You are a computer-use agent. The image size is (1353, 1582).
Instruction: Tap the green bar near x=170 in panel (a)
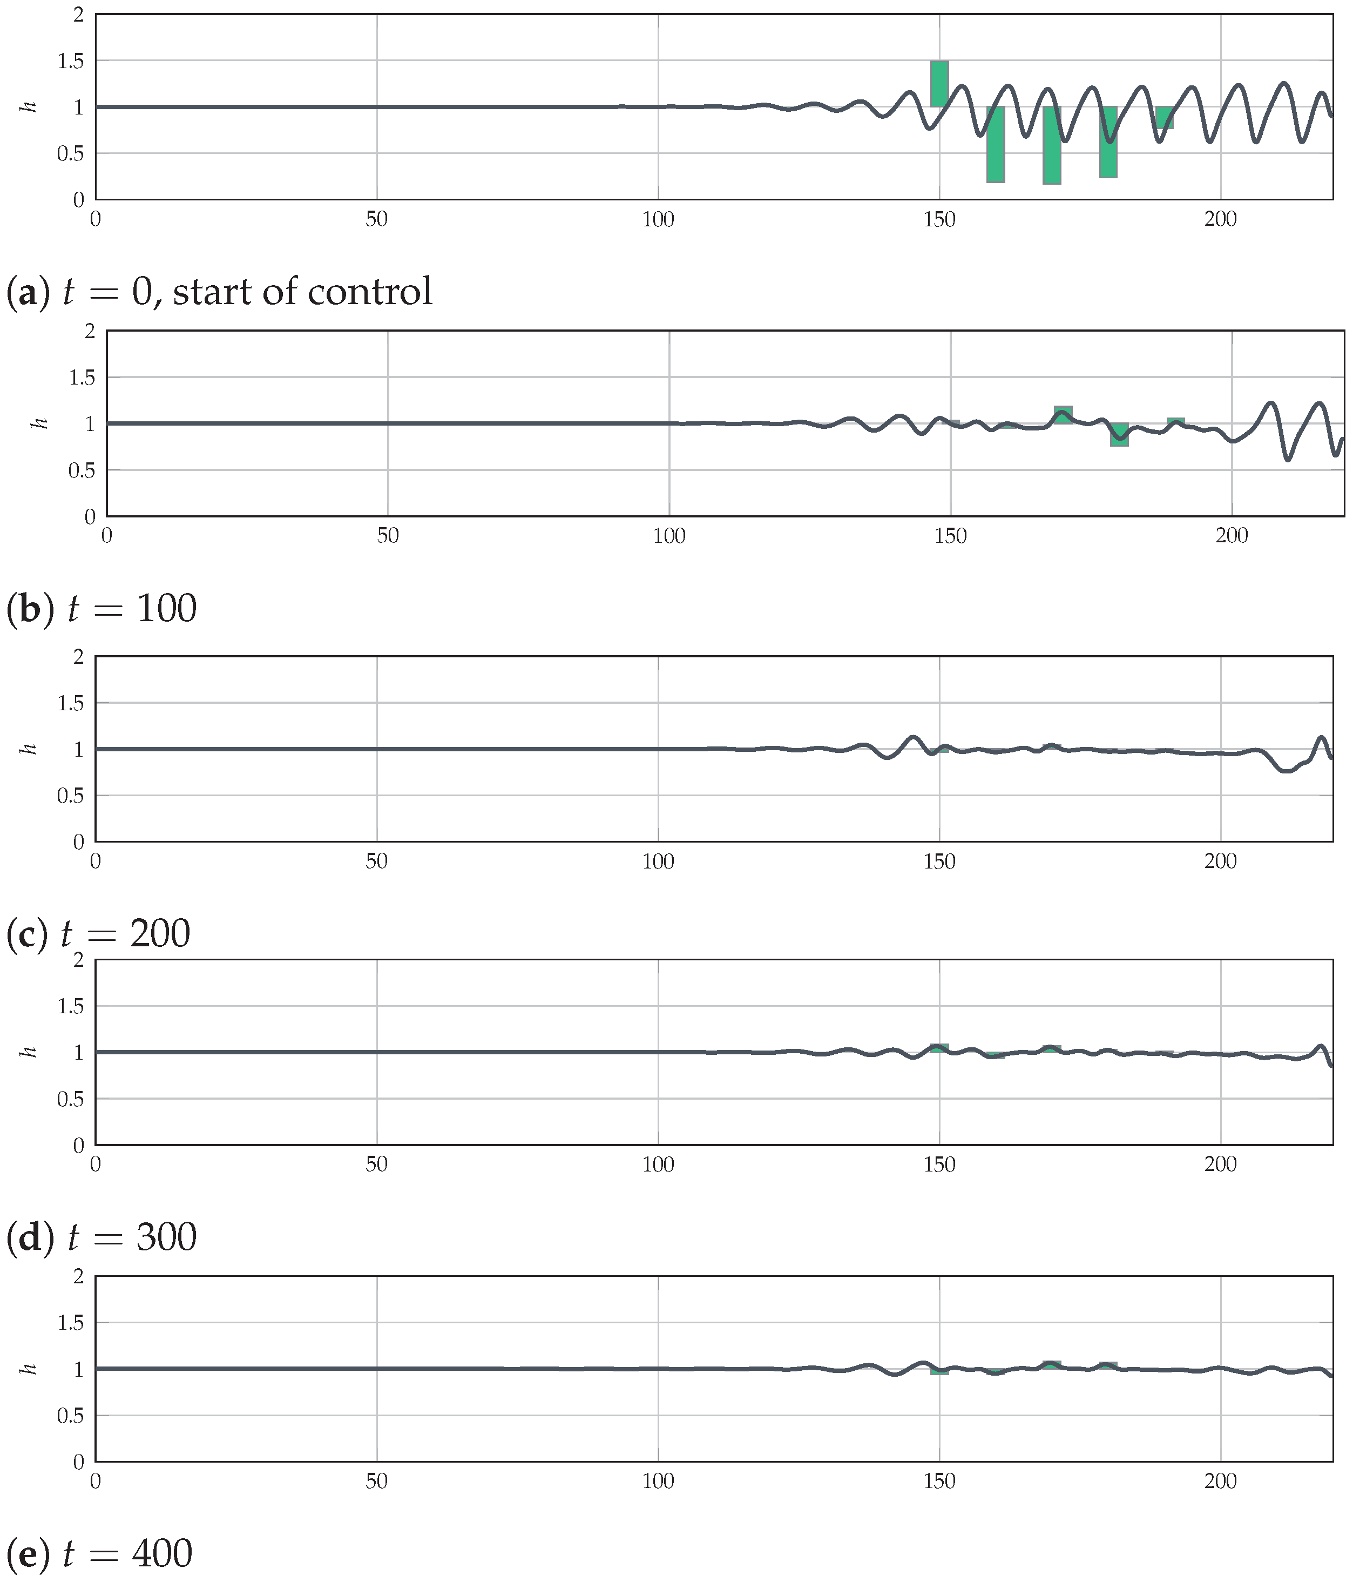(1052, 145)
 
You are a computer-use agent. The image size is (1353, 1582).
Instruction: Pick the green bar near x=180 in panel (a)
(1108, 142)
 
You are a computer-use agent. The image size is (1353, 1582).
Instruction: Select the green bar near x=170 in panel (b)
(1063, 415)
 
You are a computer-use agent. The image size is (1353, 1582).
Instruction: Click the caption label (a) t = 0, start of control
(220, 292)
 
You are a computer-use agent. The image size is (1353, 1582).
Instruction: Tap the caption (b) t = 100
(102, 609)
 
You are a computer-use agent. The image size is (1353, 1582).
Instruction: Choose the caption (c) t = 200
(98, 933)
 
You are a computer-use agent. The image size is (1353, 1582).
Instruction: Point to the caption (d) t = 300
(102, 1237)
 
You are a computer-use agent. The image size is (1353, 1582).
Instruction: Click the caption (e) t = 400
(99, 1554)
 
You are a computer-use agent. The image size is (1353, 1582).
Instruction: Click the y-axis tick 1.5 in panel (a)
(71, 60)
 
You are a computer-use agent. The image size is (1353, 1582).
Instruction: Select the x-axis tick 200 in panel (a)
(1220, 220)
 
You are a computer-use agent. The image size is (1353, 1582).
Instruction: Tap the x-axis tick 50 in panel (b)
(388, 536)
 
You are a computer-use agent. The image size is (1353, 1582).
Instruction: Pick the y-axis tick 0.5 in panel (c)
(71, 796)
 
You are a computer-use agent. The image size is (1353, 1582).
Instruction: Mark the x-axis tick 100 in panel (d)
(658, 1165)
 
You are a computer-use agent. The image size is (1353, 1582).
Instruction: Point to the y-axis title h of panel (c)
(30, 749)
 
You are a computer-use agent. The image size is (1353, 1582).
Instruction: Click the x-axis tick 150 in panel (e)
(939, 1482)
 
